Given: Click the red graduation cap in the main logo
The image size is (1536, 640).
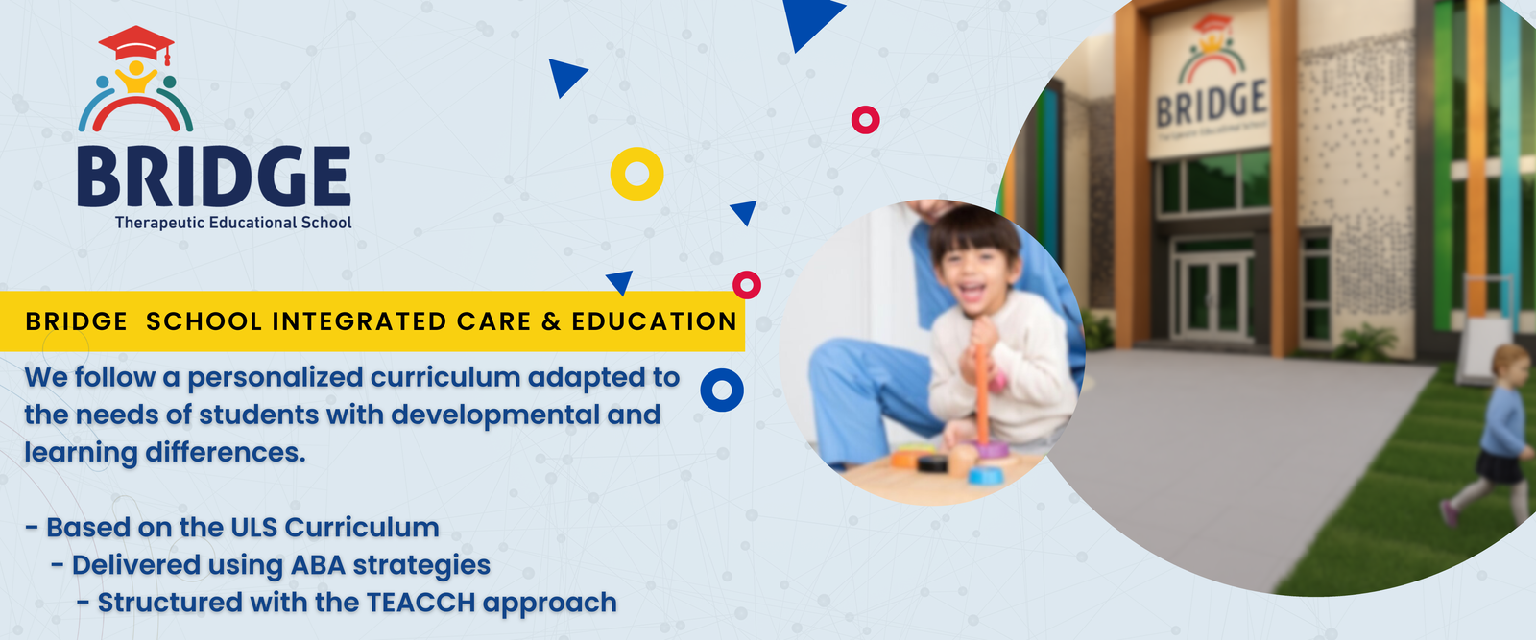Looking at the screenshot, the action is pyautogui.click(x=136, y=43).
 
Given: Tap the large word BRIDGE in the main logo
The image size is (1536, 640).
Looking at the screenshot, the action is pyautogui.click(x=214, y=177).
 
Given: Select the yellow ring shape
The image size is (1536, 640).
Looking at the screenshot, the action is pyautogui.click(x=637, y=174).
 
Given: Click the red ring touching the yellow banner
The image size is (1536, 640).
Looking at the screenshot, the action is pyautogui.click(x=747, y=284).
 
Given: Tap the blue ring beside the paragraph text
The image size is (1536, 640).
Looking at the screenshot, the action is pyautogui.click(x=722, y=390).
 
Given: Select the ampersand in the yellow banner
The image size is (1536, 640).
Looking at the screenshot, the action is pyautogui.click(x=551, y=321).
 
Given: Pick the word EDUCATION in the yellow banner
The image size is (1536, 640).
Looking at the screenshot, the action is pyautogui.click(x=654, y=321).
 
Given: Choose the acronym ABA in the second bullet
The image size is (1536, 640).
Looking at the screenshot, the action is pyautogui.click(x=318, y=565).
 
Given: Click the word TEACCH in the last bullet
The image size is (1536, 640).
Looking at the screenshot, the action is pyautogui.click(x=421, y=603).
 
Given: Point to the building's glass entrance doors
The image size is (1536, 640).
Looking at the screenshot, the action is pyautogui.click(x=1212, y=296).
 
